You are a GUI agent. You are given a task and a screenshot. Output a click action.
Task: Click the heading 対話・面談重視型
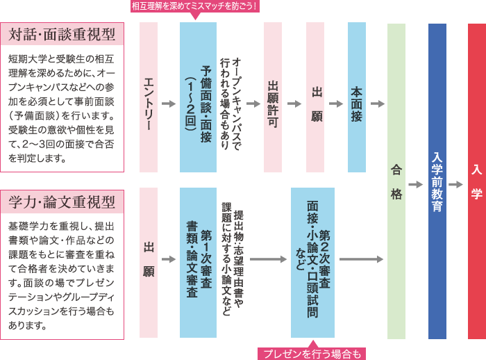(x=62, y=33)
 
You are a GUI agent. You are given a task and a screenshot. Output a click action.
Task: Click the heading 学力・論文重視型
(x=62, y=202)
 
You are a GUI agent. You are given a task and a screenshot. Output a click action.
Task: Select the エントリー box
(x=149, y=97)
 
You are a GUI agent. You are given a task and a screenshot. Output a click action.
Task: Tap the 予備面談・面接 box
(x=198, y=97)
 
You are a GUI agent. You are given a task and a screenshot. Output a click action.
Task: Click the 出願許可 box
(x=273, y=97)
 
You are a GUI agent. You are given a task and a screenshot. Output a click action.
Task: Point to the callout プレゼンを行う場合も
(x=312, y=353)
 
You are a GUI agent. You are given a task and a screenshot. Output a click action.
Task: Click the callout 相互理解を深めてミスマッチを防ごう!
(x=194, y=6)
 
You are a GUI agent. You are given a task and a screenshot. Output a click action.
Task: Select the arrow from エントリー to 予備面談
(x=169, y=104)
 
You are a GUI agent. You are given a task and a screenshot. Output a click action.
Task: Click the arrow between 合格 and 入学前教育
(x=416, y=185)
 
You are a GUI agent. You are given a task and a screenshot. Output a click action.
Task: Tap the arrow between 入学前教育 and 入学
(x=456, y=185)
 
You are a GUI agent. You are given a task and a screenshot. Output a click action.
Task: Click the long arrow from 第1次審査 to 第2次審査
(x=268, y=259)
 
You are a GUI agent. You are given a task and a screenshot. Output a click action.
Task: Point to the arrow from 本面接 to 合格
(x=378, y=104)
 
